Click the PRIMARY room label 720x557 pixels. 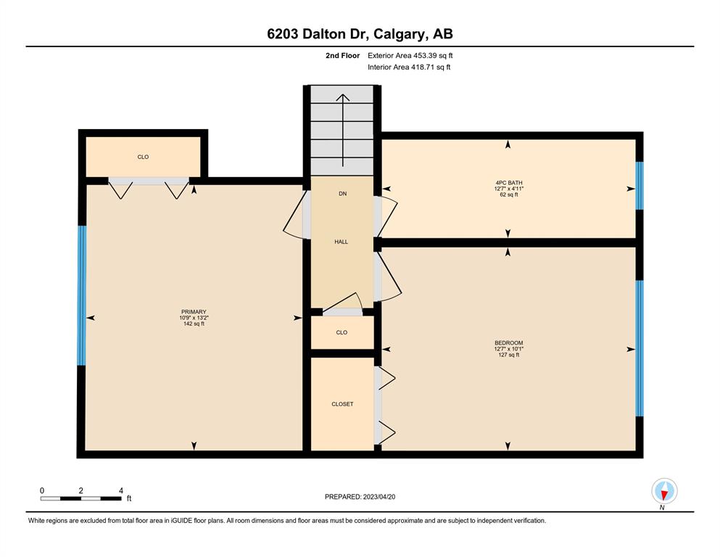[194, 312]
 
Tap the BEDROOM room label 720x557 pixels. [508, 343]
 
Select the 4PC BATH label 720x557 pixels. [509, 183]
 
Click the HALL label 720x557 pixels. [342, 242]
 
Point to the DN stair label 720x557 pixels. [342, 194]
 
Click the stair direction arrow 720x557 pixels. [342, 130]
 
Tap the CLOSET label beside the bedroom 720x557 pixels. [342, 404]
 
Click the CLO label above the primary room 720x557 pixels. [143, 157]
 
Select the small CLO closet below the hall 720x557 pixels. [342, 332]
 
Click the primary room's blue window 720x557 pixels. [82, 295]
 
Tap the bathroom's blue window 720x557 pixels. [640, 186]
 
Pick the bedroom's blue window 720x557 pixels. [640, 348]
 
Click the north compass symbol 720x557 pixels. [664, 491]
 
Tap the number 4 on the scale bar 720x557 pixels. [121, 490]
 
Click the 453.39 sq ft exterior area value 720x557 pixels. [433, 56]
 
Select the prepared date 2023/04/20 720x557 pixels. [378, 497]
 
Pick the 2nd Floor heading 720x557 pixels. [342, 56]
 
